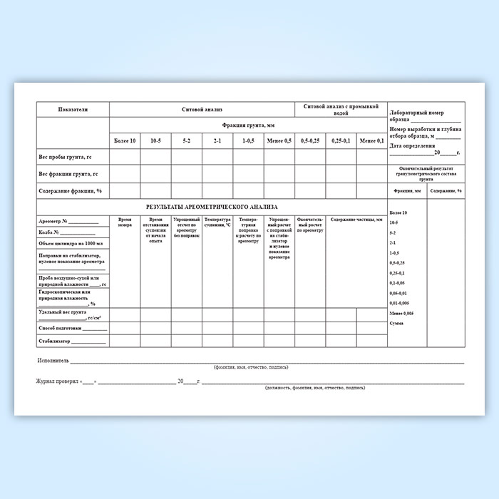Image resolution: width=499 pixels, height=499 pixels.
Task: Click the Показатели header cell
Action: click(x=73, y=110)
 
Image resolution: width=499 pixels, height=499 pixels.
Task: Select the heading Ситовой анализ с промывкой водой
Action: click(x=341, y=110)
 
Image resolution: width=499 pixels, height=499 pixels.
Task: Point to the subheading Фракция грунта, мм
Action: click(x=248, y=125)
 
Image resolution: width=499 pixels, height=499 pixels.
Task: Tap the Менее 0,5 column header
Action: click(x=279, y=141)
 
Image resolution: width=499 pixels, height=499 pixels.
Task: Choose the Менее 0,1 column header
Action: click(x=371, y=141)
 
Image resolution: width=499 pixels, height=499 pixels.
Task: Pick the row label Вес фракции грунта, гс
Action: click(x=68, y=174)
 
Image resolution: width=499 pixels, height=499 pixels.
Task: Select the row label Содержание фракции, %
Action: click(x=70, y=191)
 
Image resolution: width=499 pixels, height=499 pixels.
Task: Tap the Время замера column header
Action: click(x=125, y=222)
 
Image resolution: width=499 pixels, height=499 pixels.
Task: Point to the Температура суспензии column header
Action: click(x=217, y=222)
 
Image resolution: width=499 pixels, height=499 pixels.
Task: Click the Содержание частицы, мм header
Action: click(x=356, y=220)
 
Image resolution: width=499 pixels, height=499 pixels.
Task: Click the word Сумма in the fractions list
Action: click(x=396, y=323)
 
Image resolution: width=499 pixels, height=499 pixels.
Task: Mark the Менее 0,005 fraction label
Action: click(x=401, y=314)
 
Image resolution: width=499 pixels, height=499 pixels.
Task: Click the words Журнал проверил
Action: click(x=57, y=381)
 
